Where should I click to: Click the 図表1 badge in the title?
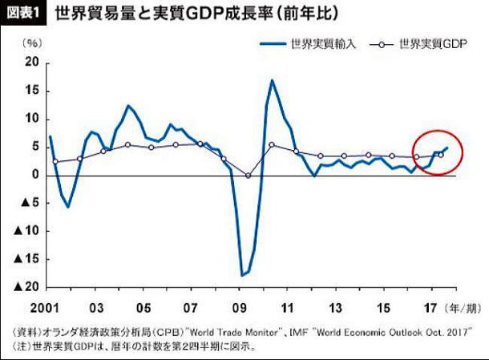point(25,14)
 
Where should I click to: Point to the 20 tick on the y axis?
point(32,63)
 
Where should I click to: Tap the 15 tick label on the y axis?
point(32,91)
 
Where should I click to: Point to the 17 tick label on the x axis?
point(430,307)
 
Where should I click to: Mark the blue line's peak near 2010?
point(273,80)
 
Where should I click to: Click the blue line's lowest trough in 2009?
point(242,276)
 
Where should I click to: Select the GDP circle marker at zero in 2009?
point(249,176)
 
